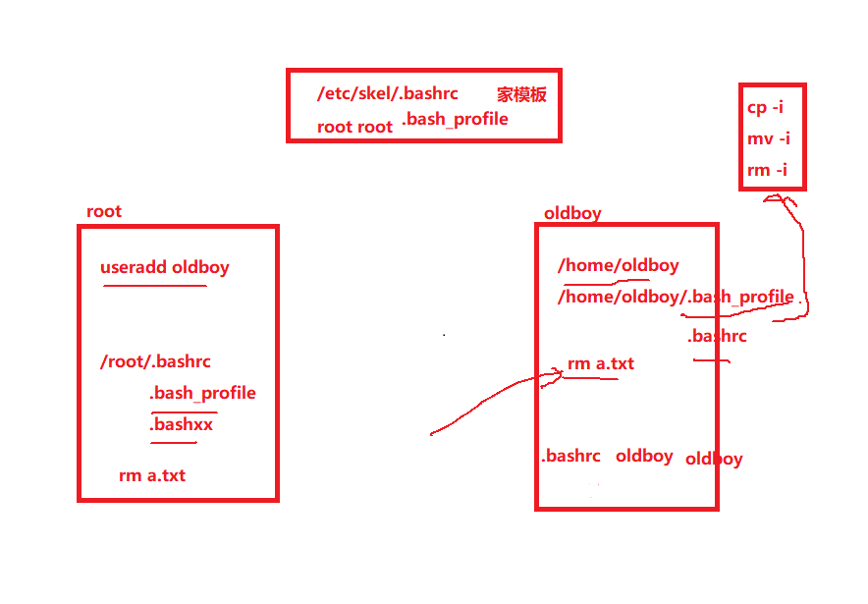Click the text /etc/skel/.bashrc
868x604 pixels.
pos(388,93)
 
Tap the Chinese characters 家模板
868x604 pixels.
pos(521,94)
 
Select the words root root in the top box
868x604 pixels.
pos(354,127)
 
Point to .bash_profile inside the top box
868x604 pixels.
pos(455,119)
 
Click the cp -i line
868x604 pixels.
pos(765,107)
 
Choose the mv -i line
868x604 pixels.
pos(769,138)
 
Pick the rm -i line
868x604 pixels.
pos(767,169)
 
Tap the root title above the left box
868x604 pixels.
pos(104,211)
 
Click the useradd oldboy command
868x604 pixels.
pos(164,268)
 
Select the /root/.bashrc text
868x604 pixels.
pos(155,362)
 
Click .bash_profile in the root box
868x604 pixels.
pos(202,394)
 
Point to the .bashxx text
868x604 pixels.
pos(181,424)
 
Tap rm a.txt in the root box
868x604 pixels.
pos(152,475)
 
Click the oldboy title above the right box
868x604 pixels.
pos(572,213)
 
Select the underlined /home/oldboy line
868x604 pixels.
pos(619,266)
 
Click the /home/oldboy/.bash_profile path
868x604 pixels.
pos(676,298)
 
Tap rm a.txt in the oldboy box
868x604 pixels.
pos(601,363)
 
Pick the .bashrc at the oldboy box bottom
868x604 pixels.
pos(570,456)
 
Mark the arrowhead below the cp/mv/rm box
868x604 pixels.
pos(775,197)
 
